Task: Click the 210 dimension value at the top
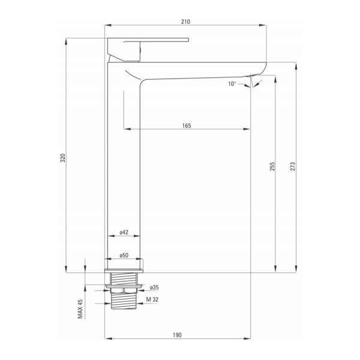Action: pos(185,22)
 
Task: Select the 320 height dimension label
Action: pos(62,158)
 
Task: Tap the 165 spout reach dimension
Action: pos(187,125)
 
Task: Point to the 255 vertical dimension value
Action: pos(272,166)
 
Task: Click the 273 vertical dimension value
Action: pos(293,166)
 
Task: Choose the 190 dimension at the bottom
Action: pos(177,335)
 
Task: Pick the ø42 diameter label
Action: pos(124,232)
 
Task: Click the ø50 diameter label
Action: pos(124,255)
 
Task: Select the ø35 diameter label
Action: pos(154,287)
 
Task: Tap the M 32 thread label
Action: pos(152,299)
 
